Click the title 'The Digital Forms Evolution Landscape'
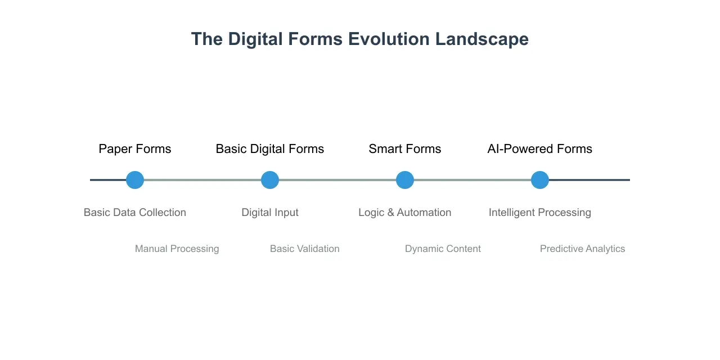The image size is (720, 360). coord(359,39)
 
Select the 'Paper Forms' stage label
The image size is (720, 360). coord(135,149)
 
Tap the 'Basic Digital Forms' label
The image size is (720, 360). coord(270,149)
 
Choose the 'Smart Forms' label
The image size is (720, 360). coord(405,149)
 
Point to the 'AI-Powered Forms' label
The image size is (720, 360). coord(539,149)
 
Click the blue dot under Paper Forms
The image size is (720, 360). coord(135,180)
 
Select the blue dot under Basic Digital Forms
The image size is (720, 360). coord(270,180)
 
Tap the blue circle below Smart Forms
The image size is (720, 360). coord(405,180)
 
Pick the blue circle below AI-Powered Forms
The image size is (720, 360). coord(540,180)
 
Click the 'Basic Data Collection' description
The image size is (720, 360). coord(135,213)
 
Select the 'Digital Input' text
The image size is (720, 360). coord(270,213)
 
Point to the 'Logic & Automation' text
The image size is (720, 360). coord(405,213)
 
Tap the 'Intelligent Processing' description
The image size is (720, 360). coord(540,213)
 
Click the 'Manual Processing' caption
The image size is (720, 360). coord(177,249)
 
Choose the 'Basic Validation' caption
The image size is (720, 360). coord(304,249)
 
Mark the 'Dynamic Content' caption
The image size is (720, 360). coord(443,249)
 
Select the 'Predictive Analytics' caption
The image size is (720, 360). coord(582,249)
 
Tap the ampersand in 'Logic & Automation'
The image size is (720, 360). coord(391,213)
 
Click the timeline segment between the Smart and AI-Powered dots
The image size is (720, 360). coord(472,180)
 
